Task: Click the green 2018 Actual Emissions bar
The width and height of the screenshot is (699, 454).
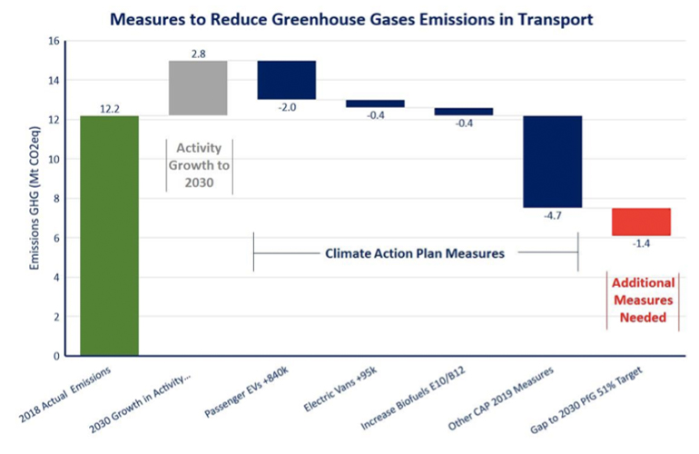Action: [x=109, y=236]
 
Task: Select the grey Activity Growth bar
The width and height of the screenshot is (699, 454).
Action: [x=198, y=88]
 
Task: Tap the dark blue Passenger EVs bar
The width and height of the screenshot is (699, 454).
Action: [x=286, y=80]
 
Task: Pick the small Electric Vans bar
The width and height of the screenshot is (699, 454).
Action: [x=375, y=104]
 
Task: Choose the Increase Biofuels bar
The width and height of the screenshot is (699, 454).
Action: [x=463, y=112]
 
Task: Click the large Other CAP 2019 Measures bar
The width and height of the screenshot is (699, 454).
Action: [x=552, y=162]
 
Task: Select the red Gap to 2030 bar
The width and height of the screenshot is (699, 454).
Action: [x=641, y=222]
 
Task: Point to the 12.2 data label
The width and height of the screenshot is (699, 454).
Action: [x=110, y=109]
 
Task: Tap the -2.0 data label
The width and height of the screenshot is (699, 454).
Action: [x=287, y=107]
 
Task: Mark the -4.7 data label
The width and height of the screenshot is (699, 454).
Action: [x=552, y=216]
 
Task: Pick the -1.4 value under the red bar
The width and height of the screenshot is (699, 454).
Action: [x=641, y=244]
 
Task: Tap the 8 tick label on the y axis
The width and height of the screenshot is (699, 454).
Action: [x=55, y=199]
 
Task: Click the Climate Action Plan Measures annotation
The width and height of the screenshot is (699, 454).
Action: [x=415, y=253]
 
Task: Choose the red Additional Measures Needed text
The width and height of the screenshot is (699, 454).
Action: [x=643, y=301]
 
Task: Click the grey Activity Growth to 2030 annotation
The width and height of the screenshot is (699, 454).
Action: [x=199, y=164]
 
